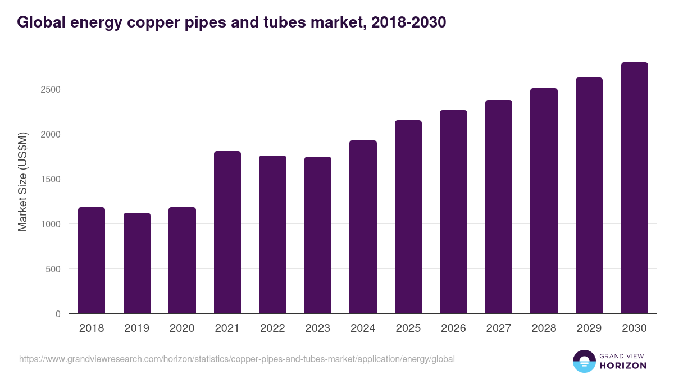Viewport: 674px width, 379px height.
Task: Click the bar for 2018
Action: pos(92,261)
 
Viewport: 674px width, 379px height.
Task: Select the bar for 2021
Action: pos(227,232)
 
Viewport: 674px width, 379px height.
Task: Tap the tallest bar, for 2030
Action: pos(634,188)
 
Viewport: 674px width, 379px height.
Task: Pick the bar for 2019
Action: pos(137,263)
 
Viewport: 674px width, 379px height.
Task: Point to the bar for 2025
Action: pos(408,217)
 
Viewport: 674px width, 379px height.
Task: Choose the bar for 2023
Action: pos(318,235)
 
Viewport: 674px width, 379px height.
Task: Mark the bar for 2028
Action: pos(544,201)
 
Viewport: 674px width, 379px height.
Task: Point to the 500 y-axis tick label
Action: pos(54,269)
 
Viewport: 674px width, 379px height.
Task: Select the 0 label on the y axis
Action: pos(58,314)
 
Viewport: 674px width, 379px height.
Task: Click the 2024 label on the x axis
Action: pos(363,328)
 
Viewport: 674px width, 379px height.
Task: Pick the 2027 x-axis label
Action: pos(499,328)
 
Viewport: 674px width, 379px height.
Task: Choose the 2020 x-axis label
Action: pos(182,328)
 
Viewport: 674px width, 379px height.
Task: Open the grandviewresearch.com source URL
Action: pos(236,359)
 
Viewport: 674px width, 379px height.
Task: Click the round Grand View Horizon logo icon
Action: pos(584,362)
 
